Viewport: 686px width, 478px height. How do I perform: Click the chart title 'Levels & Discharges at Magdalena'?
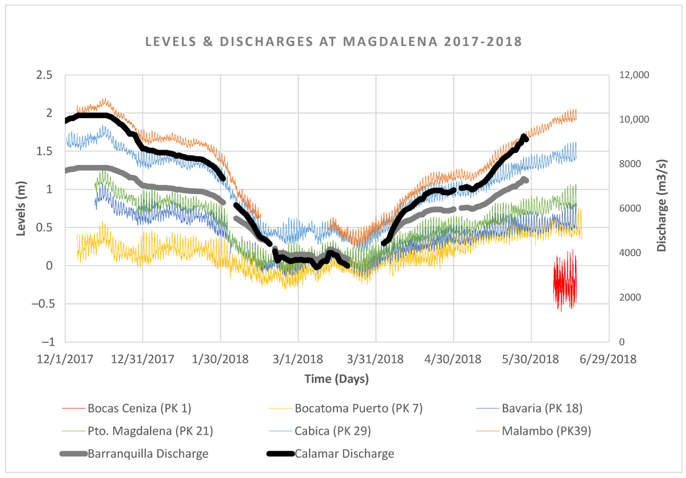click(x=333, y=42)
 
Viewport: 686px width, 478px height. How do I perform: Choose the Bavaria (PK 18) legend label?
click(x=542, y=408)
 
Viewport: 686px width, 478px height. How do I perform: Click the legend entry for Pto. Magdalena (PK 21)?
click(x=150, y=431)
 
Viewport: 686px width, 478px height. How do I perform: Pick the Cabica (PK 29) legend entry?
click(x=332, y=431)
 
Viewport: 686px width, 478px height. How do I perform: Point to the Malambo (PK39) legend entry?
click(x=546, y=431)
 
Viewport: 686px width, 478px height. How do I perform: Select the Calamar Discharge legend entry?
click(x=344, y=454)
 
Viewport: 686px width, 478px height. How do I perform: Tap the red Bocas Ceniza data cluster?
click(x=565, y=281)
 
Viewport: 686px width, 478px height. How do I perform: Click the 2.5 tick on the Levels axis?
click(x=44, y=75)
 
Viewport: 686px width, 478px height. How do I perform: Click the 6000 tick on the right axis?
click(x=630, y=208)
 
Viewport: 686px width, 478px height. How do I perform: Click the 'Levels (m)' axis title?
click(x=21, y=209)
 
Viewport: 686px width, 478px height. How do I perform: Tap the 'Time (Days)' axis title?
click(x=336, y=379)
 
